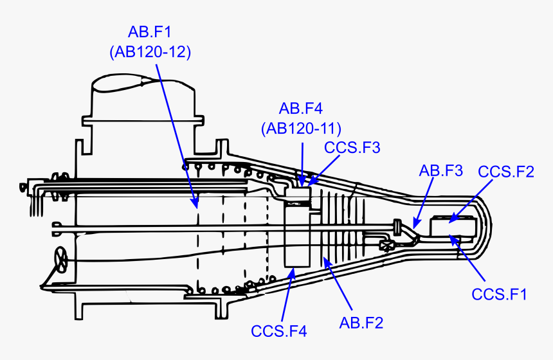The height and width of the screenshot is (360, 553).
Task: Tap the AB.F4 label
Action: point(301,107)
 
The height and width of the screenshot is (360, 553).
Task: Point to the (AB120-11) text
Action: point(301,128)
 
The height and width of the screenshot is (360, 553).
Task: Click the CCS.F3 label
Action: point(352,148)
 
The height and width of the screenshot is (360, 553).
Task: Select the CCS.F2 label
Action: point(506,171)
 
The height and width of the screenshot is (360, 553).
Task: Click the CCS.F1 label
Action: point(500,294)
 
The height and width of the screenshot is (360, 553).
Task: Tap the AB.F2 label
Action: point(361,323)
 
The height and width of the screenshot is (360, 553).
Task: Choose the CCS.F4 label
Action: point(279,332)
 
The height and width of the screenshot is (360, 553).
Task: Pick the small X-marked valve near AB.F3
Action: point(388,245)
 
